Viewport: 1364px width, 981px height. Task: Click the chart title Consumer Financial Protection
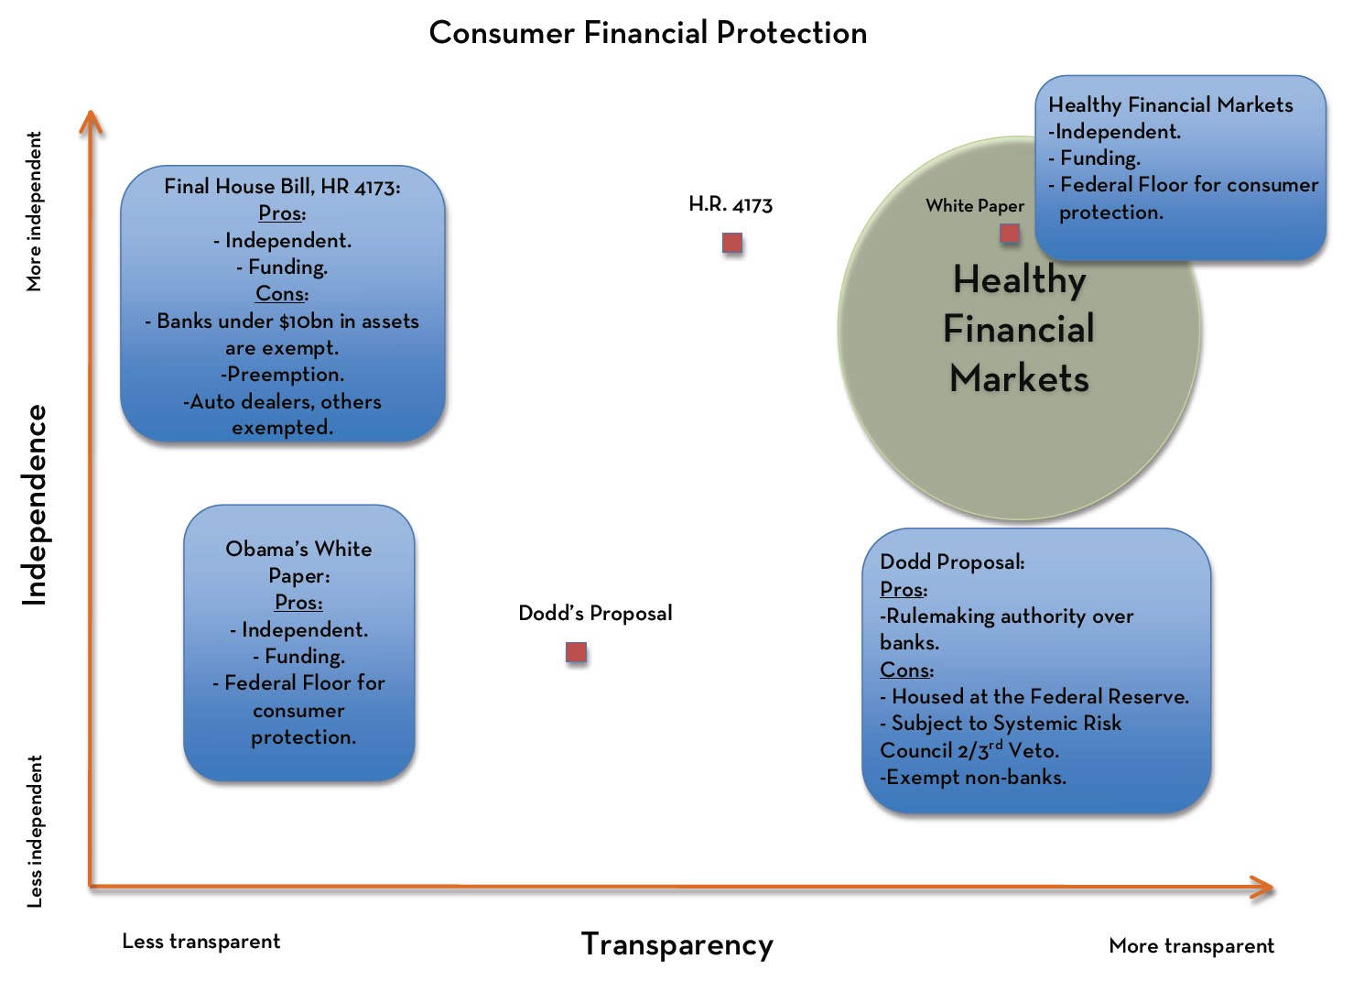tap(647, 33)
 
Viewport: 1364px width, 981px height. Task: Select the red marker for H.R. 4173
tap(732, 243)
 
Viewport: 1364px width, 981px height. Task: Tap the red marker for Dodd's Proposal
tap(576, 652)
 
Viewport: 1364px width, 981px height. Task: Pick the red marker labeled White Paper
tap(1010, 234)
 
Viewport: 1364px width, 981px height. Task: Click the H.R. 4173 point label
tap(730, 204)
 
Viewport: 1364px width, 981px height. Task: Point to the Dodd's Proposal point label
tap(595, 613)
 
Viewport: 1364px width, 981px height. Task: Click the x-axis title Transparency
tap(677, 944)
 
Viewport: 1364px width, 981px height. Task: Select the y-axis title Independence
tap(35, 505)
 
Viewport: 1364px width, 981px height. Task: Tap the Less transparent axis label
tap(200, 942)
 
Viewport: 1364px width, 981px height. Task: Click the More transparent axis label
tap(1191, 945)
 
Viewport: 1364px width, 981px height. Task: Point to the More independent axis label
tap(35, 212)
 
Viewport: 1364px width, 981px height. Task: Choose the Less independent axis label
tap(35, 831)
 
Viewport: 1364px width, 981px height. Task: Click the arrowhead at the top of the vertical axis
tap(90, 121)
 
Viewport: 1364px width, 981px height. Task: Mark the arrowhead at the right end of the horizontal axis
tap(1262, 887)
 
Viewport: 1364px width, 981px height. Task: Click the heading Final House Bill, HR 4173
tap(282, 187)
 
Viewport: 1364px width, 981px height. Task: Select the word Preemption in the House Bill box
tap(285, 375)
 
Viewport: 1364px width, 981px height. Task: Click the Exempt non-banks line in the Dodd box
tap(973, 778)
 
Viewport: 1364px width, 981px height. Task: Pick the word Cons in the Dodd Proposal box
tap(905, 670)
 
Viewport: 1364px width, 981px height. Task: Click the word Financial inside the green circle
tap(1019, 329)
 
